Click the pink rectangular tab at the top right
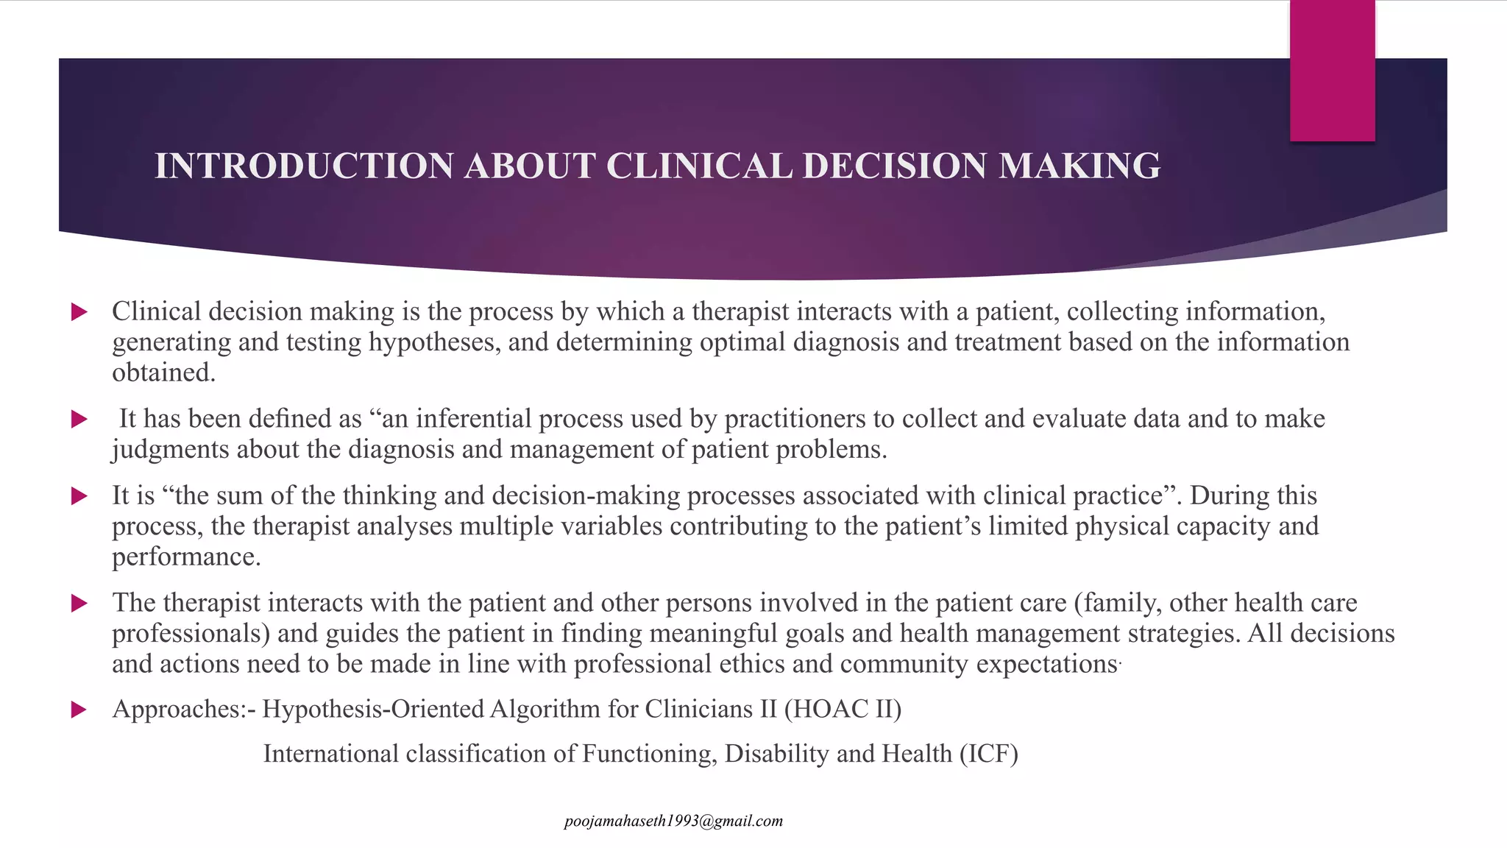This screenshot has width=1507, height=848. click(1332, 71)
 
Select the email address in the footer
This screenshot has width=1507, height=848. click(673, 821)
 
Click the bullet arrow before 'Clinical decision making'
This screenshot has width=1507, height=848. click(79, 312)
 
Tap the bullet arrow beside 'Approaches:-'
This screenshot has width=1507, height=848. click(79, 710)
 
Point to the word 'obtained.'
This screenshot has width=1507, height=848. click(163, 372)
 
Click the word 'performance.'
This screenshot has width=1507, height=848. click(186, 556)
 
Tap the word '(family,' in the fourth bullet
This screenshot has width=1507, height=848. click(1118, 603)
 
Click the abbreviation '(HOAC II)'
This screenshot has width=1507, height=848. click(843, 709)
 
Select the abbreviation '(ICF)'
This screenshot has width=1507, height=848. click(988, 754)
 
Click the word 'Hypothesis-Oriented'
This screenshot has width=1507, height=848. click(373, 709)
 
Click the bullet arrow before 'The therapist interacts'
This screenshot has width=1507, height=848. click(79, 604)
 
